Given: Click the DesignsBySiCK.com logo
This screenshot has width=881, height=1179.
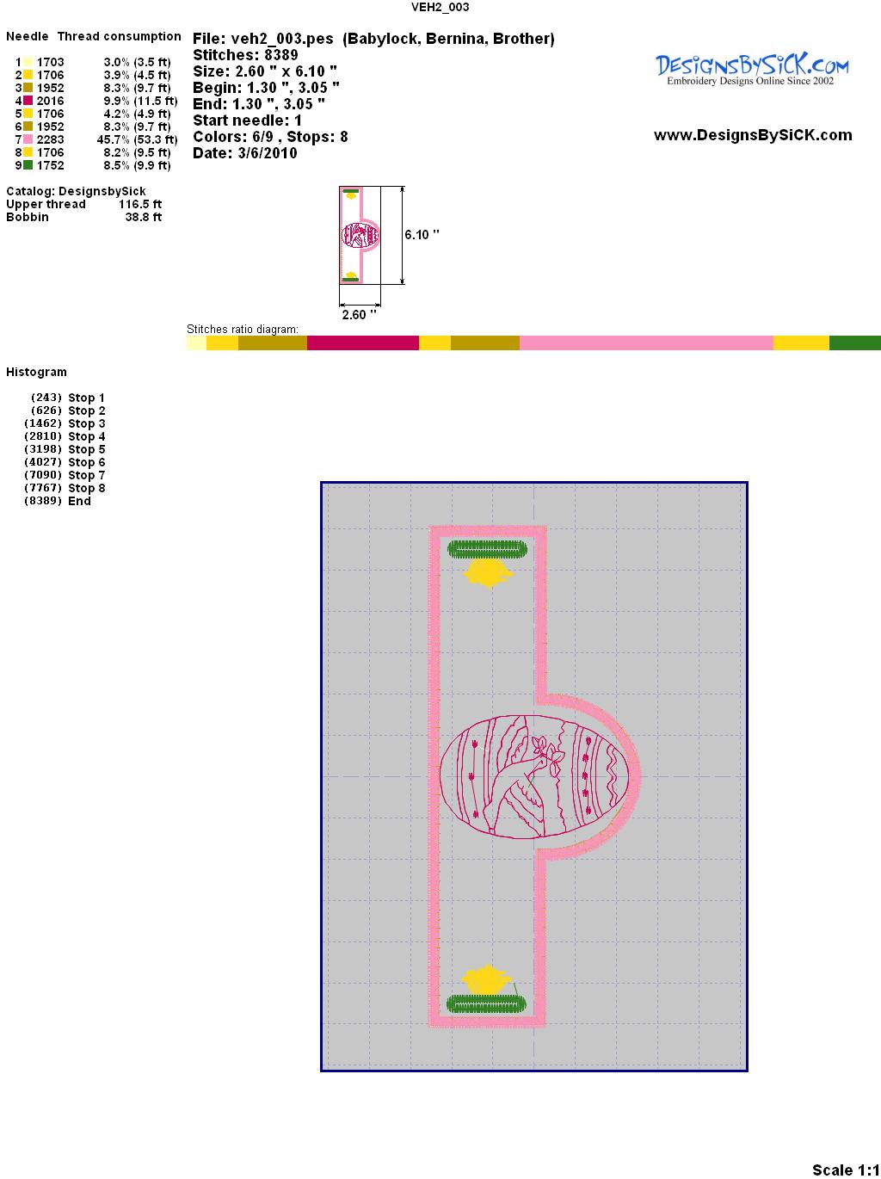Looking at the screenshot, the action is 752,70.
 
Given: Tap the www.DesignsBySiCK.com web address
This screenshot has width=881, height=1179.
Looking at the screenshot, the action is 753,135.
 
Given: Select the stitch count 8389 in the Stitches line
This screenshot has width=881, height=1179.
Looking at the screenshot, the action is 280,55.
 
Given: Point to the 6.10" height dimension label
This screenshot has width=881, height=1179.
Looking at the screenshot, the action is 422,235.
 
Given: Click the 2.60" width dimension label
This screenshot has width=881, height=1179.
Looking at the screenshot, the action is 359,314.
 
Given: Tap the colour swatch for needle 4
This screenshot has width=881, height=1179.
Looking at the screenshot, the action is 28,101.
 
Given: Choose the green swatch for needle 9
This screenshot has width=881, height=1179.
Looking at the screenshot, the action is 28,165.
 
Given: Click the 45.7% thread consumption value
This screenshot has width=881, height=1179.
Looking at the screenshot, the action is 114,139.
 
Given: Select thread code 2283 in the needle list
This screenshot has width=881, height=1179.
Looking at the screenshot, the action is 51,139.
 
